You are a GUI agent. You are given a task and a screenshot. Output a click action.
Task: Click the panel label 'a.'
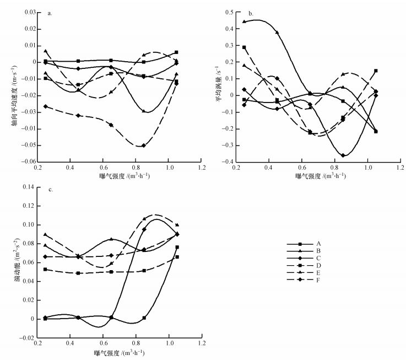point(50,13)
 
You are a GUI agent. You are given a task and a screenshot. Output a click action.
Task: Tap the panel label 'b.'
point(251,13)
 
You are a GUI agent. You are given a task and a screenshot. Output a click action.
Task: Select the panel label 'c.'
point(50,190)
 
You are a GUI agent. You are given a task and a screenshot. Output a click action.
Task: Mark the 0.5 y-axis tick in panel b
point(228,12)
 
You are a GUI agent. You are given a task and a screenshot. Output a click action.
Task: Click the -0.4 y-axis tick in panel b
point(226,163)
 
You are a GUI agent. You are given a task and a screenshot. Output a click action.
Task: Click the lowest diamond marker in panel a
point(144,146)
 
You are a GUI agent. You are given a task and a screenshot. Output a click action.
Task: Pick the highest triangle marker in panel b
point(244,22)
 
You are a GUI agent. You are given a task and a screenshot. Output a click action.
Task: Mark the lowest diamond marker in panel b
point(343,155)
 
